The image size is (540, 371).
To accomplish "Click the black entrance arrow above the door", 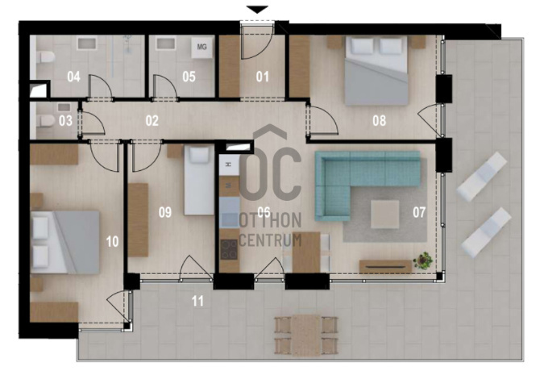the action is pyautogui.click(x=257, y=10).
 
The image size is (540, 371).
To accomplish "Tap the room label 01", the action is pyautogui.click(x=263, y=77).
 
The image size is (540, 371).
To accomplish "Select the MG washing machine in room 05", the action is pyautogui.click(x=201, y=48).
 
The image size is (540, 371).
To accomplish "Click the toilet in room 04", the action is pyautogui.click(x=44, y=57).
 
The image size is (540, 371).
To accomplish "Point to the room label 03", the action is pyautogui.click(x=65, y=121).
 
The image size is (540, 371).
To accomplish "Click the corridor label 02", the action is pyautogui.click(x=152, y=121).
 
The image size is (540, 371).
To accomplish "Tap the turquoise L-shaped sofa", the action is pyautogui.click(x=367, y=185).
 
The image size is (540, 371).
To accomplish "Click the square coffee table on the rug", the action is pyautogui.click(x=385, y=214).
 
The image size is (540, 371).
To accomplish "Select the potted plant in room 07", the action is pyautogui.click(x=423, y=260).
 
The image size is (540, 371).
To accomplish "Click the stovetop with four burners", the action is pyautogui.click(x=230, y=248).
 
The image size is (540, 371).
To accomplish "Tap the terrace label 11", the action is pyautogui.click(x=197, y=302).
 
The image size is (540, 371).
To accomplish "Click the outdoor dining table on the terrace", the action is pyautogui.click(x=306, y=336).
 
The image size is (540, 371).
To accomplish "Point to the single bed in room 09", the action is pyautogui.click(x=199, y=180).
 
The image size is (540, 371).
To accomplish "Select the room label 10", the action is pyautogui.click(x=112, y=242).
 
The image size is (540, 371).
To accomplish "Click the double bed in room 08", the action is pyautogui.click(x=376, y=71).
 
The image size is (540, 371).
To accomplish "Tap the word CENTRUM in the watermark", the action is pyautogui.click(x=270, y=240).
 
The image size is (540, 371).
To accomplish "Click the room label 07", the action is pyautogui.click(x=419, y=213).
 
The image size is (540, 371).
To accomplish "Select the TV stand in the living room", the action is pyautogui.click(x=385, y=266).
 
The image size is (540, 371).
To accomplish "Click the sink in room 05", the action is pyautogui.click(x=166, y=44).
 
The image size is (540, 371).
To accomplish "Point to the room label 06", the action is pyautogui.click(x=264, y=212).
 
